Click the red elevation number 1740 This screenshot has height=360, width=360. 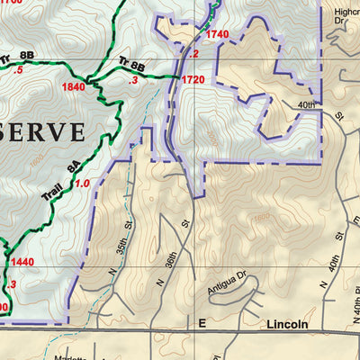coord(217,34)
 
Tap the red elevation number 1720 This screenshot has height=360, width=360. coord(193,80)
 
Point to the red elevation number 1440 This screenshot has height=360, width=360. coord(23,262)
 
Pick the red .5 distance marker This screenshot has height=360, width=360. coord(18,69)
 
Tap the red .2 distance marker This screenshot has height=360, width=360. coord(193,53)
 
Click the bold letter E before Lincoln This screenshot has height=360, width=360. coord(202,323)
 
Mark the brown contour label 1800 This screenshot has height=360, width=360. coord(261,216)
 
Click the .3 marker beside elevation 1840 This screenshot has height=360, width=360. coord(134,80)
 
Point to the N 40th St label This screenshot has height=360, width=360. coord(332,272)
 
